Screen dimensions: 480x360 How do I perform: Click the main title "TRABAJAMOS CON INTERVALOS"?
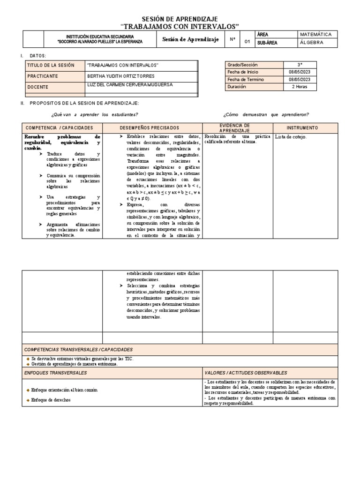180,26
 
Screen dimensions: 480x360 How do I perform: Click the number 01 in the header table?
247,42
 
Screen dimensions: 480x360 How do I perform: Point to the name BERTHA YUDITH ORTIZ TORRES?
120,76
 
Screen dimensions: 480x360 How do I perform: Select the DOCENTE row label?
37,87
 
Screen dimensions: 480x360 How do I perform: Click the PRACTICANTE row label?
43,76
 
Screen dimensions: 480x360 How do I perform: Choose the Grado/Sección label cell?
242,65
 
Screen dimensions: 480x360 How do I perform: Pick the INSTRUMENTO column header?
302,128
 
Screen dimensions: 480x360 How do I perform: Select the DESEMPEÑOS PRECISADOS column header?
149,128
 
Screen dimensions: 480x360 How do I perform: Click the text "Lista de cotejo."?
291,137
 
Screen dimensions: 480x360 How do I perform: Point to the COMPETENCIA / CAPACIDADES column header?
59,128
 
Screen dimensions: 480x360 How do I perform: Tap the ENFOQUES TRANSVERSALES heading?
55,373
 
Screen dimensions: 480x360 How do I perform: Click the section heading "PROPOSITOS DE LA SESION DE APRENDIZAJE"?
84,103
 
